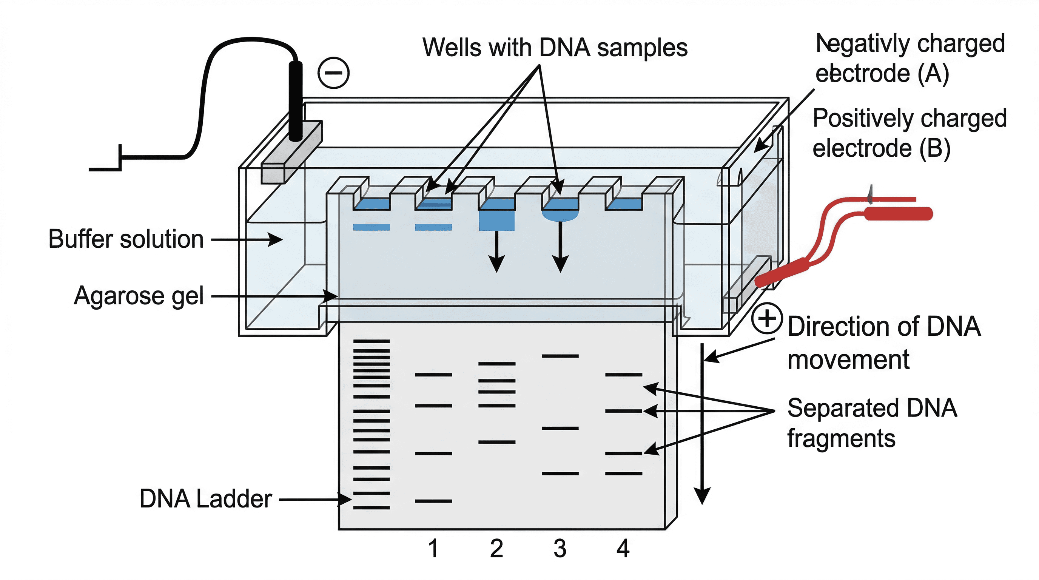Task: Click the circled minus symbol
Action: (x=333, y=73)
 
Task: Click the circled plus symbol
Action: (x=767, y=319)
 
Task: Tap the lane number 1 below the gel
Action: (x=433, y=549)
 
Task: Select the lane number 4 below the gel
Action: (x=623, y=549)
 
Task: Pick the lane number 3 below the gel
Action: (x=560, y=549)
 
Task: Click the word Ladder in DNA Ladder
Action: (x=234, y=499)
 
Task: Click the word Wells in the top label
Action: (x=452, y=48)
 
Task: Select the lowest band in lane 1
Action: (x=433, y=501)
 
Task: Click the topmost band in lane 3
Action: (x=560, y=356)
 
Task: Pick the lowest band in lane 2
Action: (x=496, y=442)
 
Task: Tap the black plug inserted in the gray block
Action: (x=295, y=101)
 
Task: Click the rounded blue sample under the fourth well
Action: (x=560, y=215)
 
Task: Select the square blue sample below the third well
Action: (x=496, y=220)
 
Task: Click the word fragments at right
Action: (x=841, y=439)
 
